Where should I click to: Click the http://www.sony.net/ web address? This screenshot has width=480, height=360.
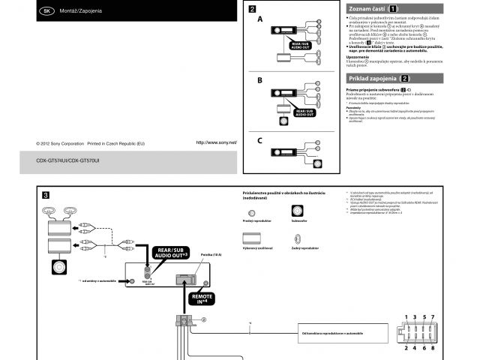[216, 142]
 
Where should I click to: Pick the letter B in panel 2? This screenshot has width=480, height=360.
[259, 79]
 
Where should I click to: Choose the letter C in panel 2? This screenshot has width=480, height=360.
[259, 140]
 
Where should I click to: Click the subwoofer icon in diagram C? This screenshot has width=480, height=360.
[317, 163]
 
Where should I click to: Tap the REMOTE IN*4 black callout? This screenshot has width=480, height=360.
[202, 299]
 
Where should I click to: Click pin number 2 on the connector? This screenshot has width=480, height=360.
[406, 347]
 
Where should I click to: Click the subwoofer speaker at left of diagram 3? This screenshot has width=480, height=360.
[59, 266]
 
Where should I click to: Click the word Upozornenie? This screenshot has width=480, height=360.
[358, 57]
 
